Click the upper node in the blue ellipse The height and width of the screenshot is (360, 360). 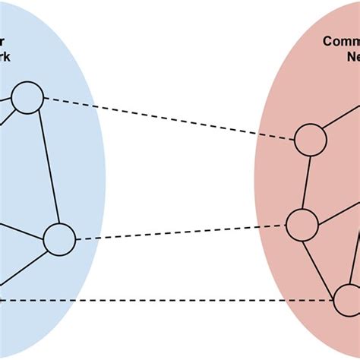(x=27, y=99)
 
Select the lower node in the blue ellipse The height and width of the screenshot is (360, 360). (x=59, y=240)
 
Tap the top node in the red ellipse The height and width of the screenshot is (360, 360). (x=311, y=141)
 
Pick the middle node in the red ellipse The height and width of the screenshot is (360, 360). (x=302, y=224)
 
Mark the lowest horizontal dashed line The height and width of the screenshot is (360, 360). (x=167, y=301)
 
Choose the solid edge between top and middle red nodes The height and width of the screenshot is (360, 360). (x=307, y=182)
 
